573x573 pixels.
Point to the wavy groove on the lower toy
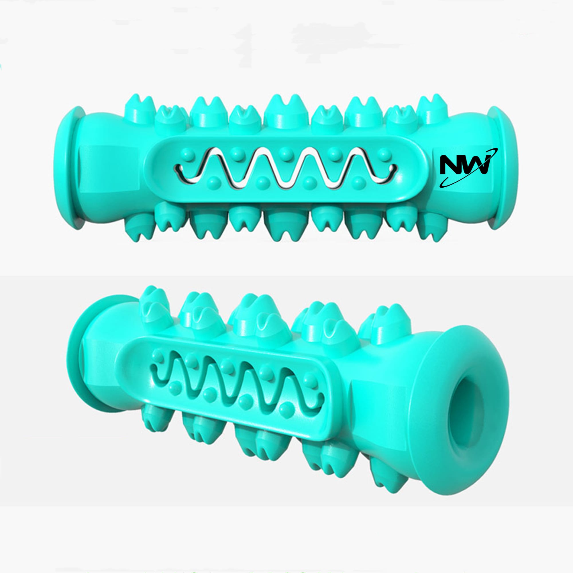click(x=237, y=386)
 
